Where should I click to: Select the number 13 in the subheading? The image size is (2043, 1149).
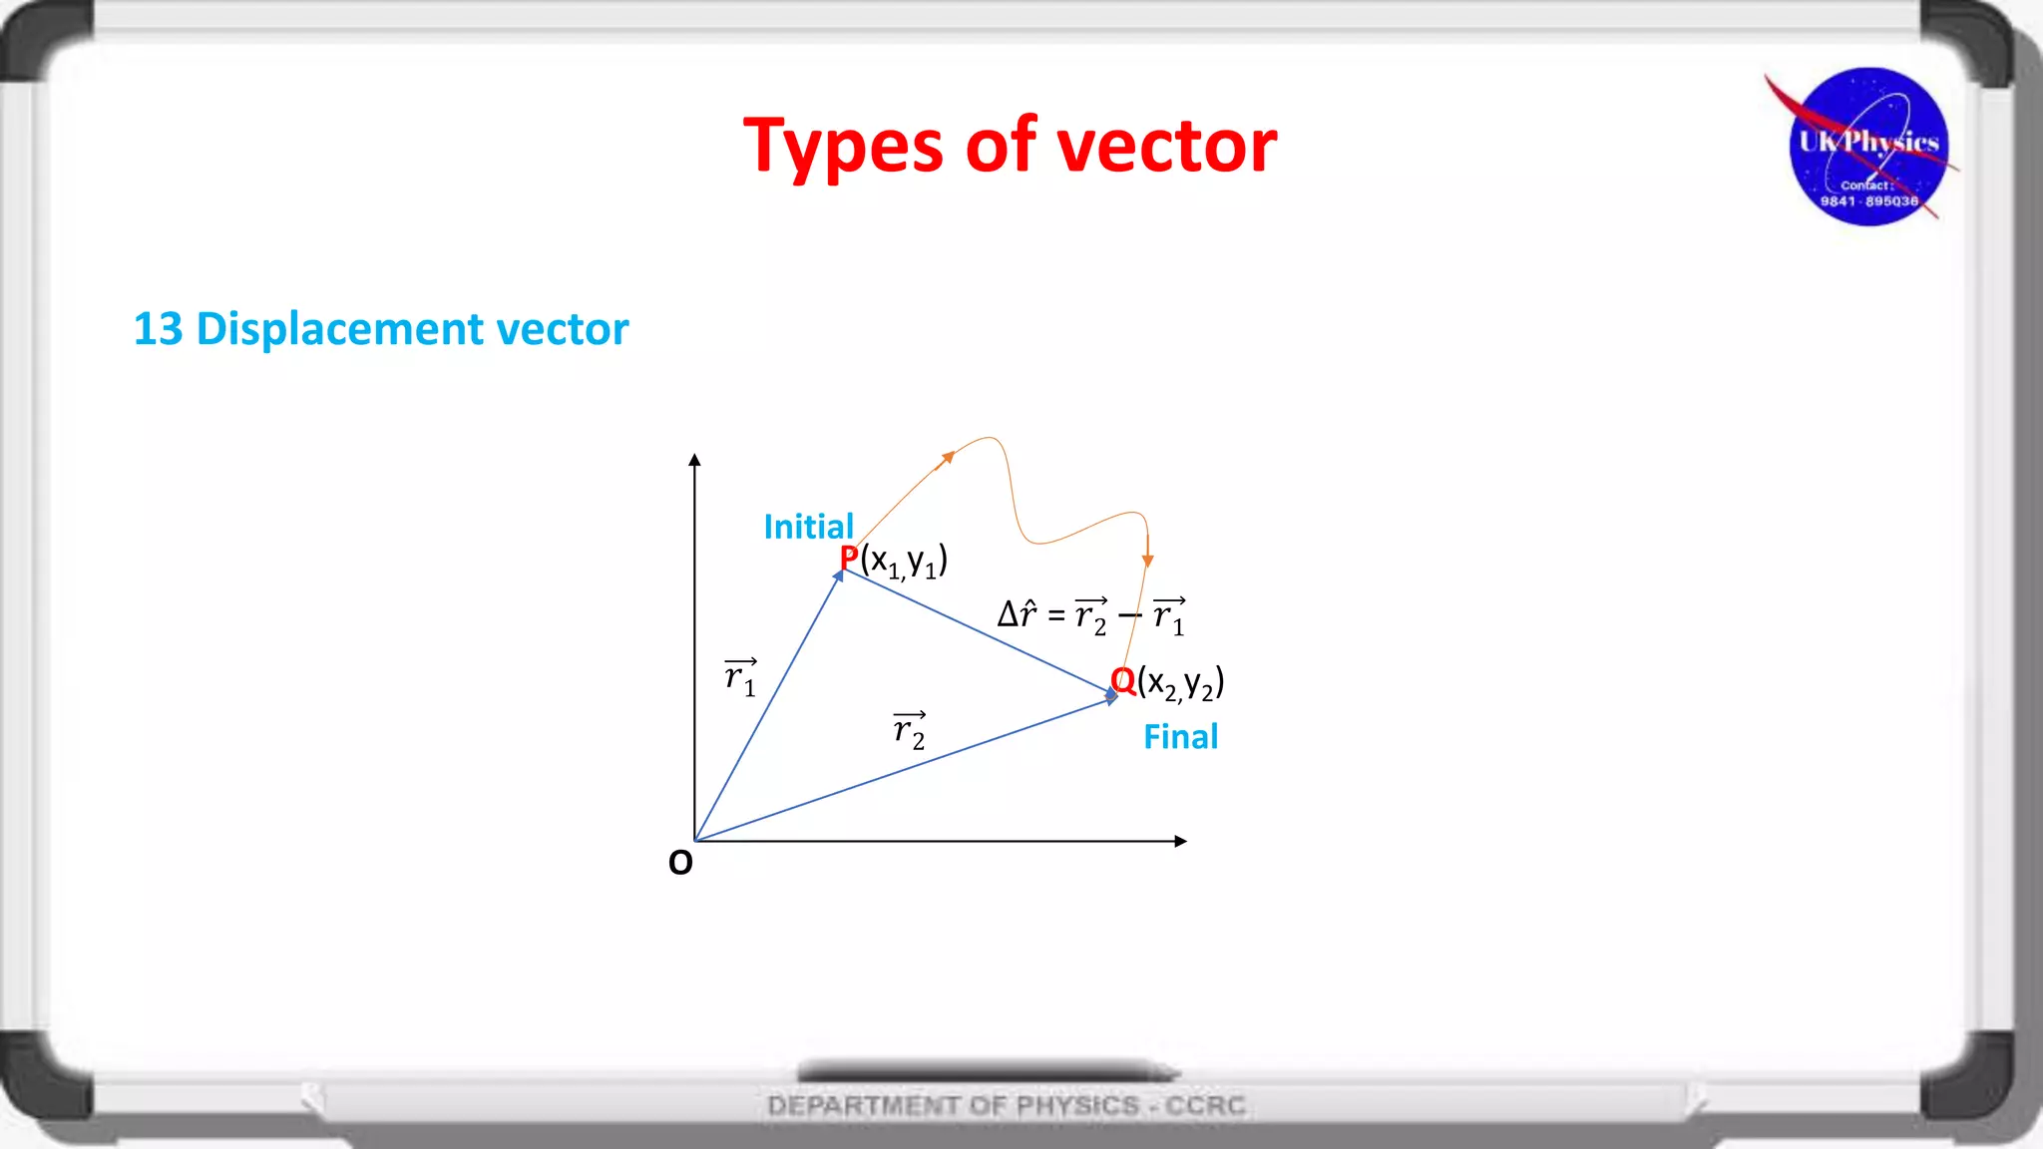158,329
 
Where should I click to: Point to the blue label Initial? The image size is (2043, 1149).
808,527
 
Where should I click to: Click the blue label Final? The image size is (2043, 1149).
1180,737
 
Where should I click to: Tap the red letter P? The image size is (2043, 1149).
849,559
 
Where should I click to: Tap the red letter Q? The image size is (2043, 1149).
1123,681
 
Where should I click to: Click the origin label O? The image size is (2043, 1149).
680,863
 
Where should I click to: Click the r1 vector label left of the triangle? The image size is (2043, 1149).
740,677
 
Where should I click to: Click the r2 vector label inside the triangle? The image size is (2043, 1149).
910,730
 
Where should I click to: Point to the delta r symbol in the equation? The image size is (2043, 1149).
1018,613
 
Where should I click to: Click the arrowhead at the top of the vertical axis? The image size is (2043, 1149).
694,460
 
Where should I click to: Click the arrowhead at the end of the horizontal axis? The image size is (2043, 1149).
1180,841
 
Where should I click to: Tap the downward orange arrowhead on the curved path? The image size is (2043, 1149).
1148,561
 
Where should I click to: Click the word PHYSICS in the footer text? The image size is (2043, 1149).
1077,1105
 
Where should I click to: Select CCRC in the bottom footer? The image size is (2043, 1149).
1206,1105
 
